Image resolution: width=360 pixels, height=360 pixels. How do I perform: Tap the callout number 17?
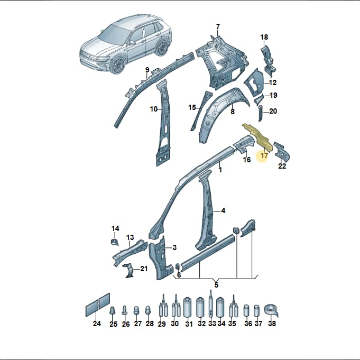pos(264,155)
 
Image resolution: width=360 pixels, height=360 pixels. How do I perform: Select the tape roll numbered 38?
pos(271,310)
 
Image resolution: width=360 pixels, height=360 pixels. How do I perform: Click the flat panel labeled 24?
pos(98,305)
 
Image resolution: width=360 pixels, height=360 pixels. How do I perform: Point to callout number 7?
pos(218,26)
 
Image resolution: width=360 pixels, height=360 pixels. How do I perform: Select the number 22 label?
pos(282,165)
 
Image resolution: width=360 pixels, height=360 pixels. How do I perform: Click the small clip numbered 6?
pos(178,267)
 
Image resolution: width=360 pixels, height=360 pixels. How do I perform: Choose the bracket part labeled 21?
pos(129,270)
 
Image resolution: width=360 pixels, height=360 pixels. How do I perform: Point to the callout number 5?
pos(216,285)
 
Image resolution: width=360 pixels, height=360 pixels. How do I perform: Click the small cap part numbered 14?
pos(114,242)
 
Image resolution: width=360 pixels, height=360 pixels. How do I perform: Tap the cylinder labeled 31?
pos(188,307)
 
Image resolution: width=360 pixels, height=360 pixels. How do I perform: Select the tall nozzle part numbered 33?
pos(211,304)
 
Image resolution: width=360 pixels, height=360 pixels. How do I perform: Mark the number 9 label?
pos(147,70)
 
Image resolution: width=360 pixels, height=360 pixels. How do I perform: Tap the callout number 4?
pos(223,210)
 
